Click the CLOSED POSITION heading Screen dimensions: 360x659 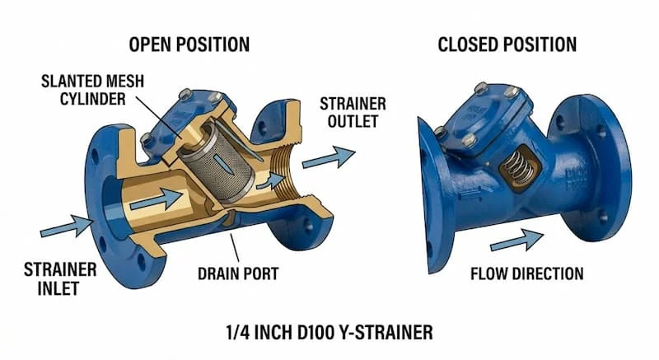(x=507, y=43)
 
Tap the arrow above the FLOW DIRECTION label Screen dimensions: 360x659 (x=516, y=241)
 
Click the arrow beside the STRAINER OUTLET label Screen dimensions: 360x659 (x=327, y=157)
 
